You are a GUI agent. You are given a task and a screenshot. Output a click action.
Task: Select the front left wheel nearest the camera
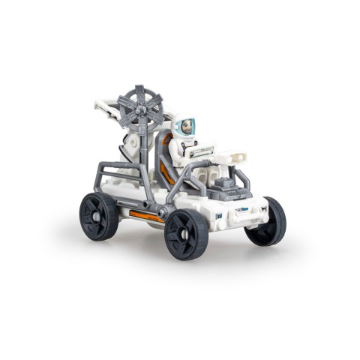point(186,233)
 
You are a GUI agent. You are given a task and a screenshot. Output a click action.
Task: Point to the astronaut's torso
point(183,150)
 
